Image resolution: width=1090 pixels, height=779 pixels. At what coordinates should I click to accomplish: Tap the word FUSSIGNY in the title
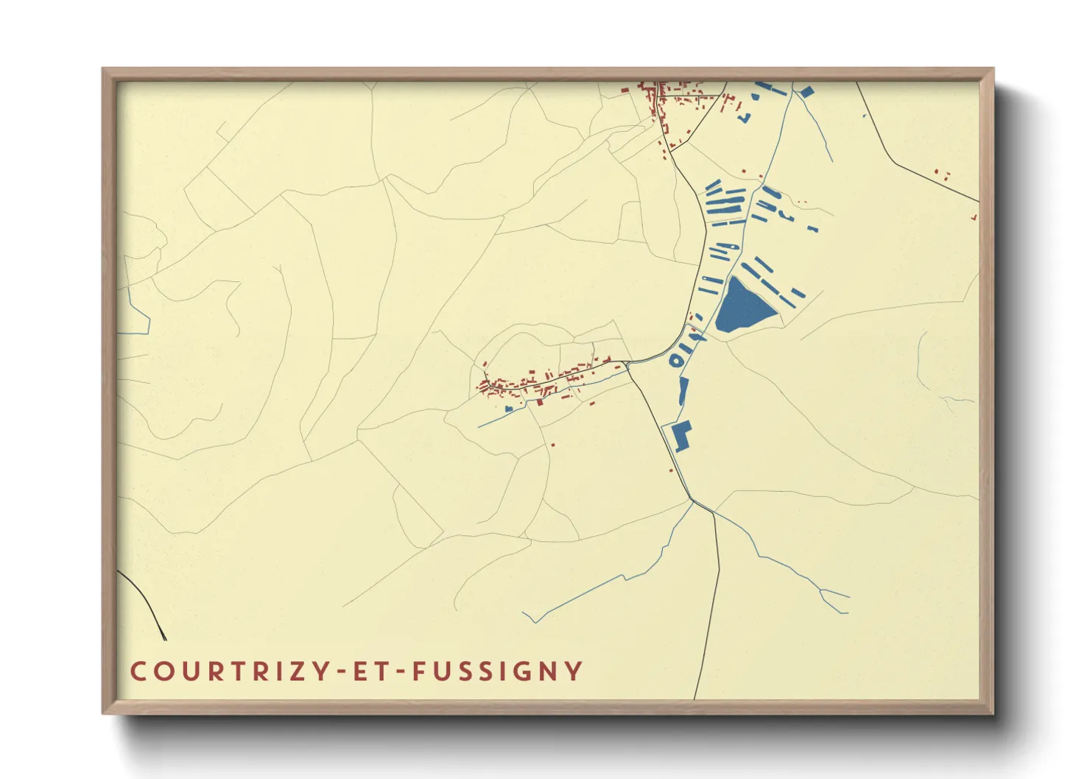click(498, 672)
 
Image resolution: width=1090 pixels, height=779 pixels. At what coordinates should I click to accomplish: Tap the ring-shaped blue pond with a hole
click(676, 360)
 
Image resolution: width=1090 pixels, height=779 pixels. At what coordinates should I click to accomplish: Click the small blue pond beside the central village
click(508, 408)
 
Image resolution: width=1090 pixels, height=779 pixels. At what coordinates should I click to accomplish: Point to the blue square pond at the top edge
click(806, 92)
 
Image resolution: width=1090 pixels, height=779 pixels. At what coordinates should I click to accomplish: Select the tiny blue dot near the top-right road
click(865, 116)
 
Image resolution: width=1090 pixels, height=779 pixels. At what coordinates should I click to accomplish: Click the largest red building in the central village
click(539, 401)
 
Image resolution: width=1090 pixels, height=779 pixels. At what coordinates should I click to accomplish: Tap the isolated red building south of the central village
click(552, 445)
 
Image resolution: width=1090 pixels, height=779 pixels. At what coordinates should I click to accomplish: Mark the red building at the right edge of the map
click(974, 217)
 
